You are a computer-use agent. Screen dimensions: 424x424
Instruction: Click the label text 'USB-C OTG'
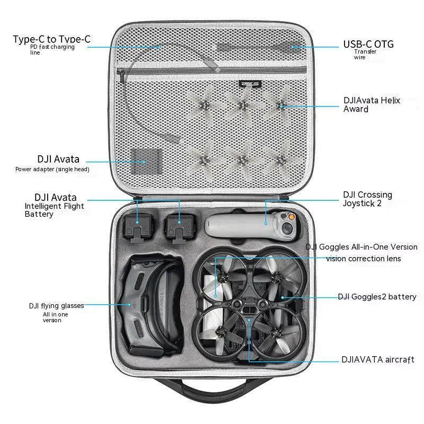click(x=368, y=45)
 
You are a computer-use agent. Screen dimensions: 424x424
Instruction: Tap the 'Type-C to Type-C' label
click(x=51, y=39)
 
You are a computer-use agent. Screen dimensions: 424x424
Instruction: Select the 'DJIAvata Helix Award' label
click(x=372, y=104)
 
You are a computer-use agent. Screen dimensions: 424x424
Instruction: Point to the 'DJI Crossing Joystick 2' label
click(x=367, y=199)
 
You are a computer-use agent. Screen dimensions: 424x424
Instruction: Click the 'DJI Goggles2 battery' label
click(x=377, y=297)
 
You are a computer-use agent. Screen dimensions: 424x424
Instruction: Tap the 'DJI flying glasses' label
click(x=56, y=306)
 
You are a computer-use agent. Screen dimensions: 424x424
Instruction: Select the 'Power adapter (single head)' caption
click(x=52, y=169)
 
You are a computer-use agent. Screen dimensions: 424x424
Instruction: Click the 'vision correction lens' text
click(x=363, y=259)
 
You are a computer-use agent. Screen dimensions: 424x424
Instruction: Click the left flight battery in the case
click(x=137, y=226)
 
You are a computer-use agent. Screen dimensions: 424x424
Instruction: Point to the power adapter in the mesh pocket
click(x=146, y=160)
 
